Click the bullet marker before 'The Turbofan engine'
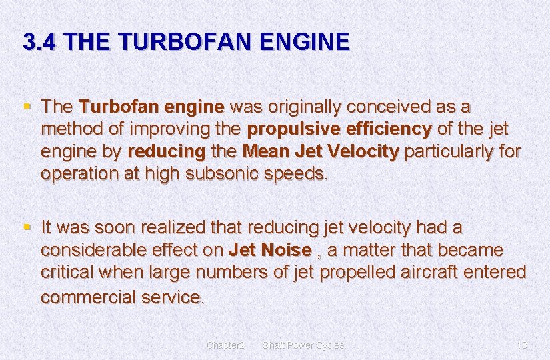pos(27,105)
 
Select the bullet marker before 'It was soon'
pos(27,227)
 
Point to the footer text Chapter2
pos(226,345)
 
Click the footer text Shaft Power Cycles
pos(303,345)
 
